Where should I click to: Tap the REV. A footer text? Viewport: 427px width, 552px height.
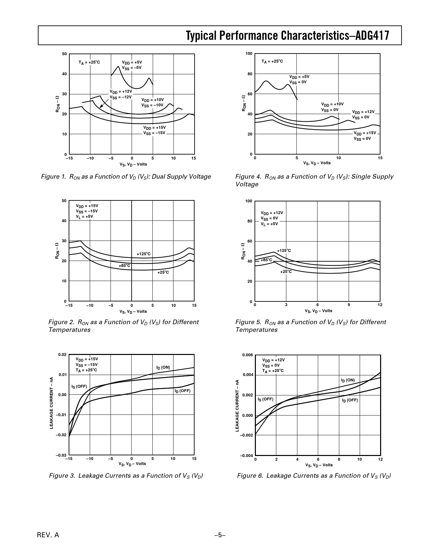point(48,535)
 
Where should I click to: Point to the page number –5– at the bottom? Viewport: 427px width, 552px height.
point(220,535)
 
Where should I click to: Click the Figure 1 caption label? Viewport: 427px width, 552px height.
point(54,177)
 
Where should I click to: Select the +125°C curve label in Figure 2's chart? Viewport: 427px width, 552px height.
point(144,254)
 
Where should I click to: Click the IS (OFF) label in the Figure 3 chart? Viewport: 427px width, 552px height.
point(79,386)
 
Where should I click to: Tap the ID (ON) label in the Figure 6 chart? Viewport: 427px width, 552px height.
point(348,380)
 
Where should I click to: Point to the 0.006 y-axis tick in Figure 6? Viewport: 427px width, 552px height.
point(247,355)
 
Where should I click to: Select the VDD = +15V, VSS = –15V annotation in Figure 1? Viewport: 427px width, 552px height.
point(154,130)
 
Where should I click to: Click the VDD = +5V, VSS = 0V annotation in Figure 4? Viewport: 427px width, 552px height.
point(299,79)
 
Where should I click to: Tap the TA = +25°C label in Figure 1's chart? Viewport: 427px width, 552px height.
point(89,62)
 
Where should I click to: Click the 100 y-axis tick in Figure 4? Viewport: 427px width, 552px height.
point(248,54)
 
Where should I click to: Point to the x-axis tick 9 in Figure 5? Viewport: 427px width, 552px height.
point(349,305)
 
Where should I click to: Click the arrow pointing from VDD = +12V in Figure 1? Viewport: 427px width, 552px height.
point(104,102)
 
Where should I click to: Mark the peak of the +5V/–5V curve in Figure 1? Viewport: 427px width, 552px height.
point(119,66)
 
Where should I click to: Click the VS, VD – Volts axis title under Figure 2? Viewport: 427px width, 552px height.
point(133,311)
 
